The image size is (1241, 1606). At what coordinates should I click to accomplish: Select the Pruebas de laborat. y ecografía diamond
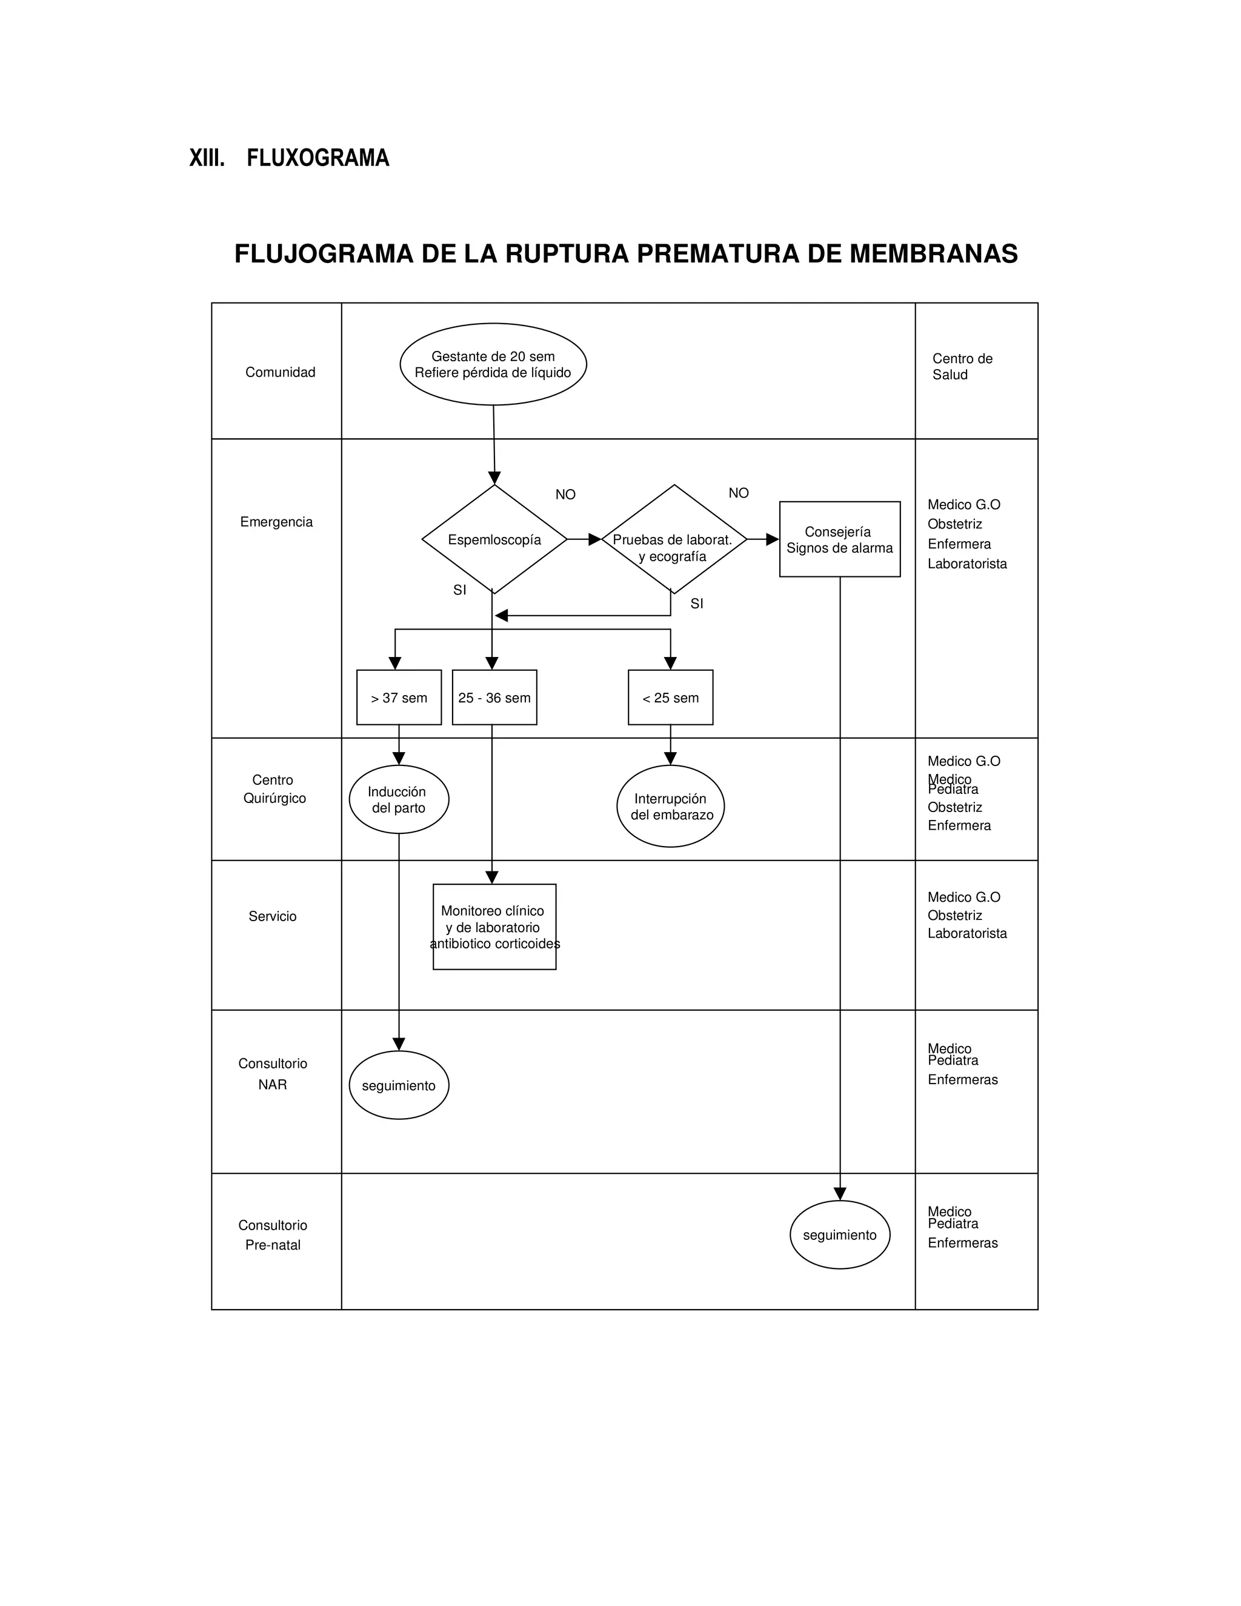point(673,540)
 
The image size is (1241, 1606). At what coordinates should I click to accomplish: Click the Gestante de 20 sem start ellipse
point(493,364)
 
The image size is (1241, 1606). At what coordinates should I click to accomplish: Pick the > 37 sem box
point(399,697)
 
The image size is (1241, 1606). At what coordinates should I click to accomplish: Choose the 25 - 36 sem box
point(494,697)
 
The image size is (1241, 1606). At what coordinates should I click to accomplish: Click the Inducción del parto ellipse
point(399,799)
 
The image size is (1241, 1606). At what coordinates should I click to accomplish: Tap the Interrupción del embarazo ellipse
point(671,806)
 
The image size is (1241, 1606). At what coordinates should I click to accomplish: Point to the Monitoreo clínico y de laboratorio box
point(494,927)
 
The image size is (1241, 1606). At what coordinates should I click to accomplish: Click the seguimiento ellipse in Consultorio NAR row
point(399,1085)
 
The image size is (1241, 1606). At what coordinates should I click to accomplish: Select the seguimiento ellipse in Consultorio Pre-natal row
point(840,1234)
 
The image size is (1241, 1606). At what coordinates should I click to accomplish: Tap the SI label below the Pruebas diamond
point(697,604)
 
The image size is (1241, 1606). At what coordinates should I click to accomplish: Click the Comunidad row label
point(280,372)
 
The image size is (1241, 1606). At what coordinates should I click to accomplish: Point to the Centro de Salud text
point(962,366)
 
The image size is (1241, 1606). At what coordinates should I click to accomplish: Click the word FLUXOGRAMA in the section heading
point(318,158)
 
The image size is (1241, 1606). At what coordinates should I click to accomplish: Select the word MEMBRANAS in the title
point(934,254)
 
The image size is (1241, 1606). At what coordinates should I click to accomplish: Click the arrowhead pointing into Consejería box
point(772,540)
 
